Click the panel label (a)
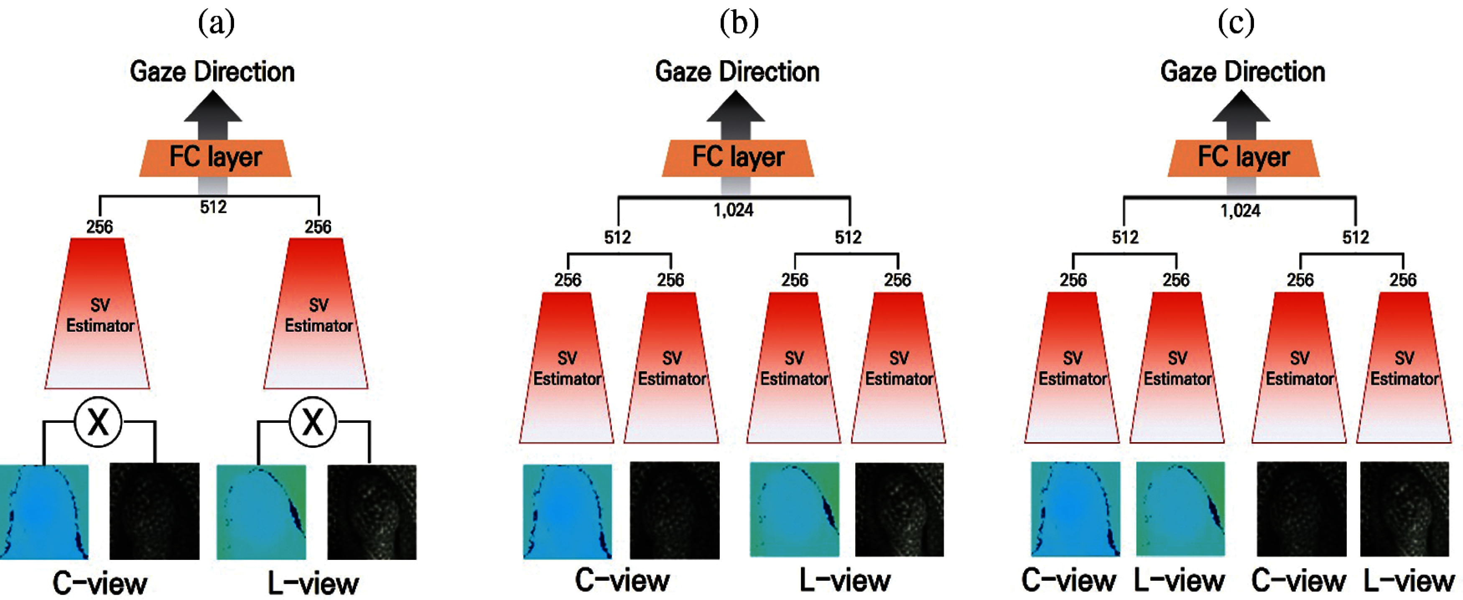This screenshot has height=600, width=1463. [216, 23]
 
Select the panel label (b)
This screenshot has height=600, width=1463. [738, 23]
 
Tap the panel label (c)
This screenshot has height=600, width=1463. [1236, 23]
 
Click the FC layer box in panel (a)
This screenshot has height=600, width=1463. [215, 158]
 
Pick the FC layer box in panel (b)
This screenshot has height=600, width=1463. [738, 158]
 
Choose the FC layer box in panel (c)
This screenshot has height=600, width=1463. [1243, 158]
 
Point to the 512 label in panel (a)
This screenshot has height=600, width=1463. [213, 207]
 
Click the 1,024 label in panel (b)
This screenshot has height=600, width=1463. [733, 211]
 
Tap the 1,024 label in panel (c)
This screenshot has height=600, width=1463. [1240, 211]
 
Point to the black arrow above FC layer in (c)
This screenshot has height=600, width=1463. [1241, 114]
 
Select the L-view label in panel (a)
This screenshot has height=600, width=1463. [313, 583]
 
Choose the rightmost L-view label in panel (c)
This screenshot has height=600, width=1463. [1409, 580]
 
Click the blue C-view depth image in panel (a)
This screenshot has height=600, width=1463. [44, 512]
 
